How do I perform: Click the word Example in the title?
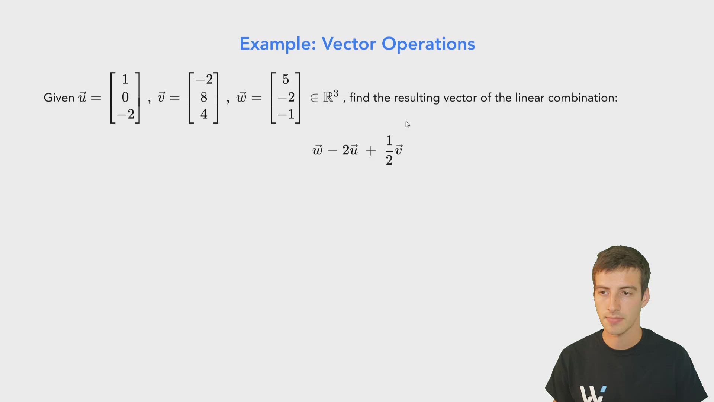[277, 44]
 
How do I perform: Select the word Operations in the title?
[428, 44]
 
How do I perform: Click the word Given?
[59, 98]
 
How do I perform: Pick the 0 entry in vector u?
[125, 97]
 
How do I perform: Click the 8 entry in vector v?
[204, 97]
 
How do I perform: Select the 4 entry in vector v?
[204, 114]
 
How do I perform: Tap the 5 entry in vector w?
[286, 79]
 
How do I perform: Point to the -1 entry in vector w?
[286, 114]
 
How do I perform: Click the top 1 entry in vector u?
[125, 79]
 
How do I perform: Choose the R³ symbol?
[331, 96]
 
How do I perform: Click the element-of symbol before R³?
[314, 98]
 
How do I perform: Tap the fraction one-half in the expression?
[389, 150]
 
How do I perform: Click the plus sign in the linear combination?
[371, 150]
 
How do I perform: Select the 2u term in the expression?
[350, 150]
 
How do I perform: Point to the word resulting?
[417, 98]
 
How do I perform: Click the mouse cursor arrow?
[408, 124]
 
